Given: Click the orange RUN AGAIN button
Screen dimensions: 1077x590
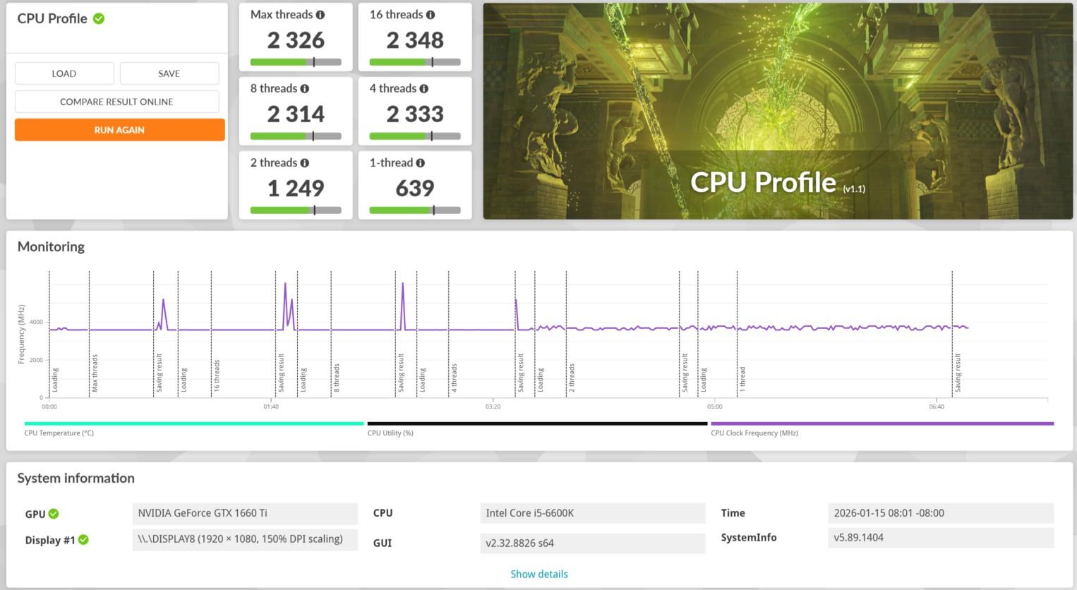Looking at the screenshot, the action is pyautogui.click(x=120, y=130).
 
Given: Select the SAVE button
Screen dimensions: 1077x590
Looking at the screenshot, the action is pyautogui.click(x=169, y=73).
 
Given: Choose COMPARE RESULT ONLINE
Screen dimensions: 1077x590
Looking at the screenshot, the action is pyautogui.click(x=117, y=102).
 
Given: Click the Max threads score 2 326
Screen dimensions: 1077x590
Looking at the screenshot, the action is pyautogui.click(x=296, y=40).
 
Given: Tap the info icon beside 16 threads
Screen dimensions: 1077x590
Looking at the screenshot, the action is pyautogui.click(x=431, y=15).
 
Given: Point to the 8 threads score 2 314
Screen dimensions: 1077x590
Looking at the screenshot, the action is pyautogui.click(x=296, y=114).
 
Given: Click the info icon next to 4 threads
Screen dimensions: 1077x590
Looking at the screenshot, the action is pyautogui.click(x=423, y=89).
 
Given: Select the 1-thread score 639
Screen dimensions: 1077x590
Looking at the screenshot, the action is pyautogui.click(x=415, y=188).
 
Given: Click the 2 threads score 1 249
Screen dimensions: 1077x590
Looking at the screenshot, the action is pyautogui.click(x=296, y=188).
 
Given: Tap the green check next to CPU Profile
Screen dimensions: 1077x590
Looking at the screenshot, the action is pyautogui.click(x=99, y=19).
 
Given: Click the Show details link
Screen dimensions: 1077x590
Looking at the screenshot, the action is pyautogui.click(x=539, y=574).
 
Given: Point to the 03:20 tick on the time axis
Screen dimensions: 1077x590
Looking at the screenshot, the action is pyautogui.click(x=493, y=407).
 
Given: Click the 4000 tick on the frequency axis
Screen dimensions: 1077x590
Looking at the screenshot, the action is pyautogui.click(x=36, y=322).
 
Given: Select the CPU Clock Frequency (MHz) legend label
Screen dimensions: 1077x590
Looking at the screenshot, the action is pyautogui.click(x=754, y=433).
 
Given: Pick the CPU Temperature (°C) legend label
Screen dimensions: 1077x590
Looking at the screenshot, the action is pyautogui.click(x=59, y=433).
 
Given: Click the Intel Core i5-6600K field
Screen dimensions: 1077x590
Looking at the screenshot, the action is pyautogui.click(x=592, y=514).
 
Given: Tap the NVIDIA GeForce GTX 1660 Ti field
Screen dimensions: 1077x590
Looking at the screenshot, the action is pyautogui.click(x=245, y=514).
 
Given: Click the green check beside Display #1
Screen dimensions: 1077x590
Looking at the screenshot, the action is pyautogui.click(x=83, y=540).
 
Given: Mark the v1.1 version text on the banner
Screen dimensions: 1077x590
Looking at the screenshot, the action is pyautogui.click(x=854, y=189).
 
